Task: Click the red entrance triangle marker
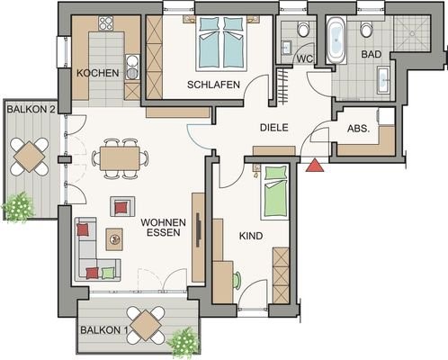[x=315, y=166]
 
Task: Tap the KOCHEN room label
[x=98, y=73]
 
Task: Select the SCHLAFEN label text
[x=213, y=85]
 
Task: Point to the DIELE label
[x=273, y=128]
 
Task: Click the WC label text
[x=305, y=58]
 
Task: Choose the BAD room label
[x=372, y=54]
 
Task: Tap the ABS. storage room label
[x=359, y=129]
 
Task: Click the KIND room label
[x=251, y=236]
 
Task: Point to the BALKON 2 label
[x=31, y=109]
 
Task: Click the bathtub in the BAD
[x=336, y=40]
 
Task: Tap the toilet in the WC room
[x=303, y=30]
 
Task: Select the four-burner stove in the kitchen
[x=106, y=23]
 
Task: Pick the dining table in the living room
[x=120, y=158]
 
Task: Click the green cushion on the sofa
[x=107, y=273]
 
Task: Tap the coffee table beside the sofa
[x=114, y=239]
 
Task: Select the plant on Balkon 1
[x=183, y=342]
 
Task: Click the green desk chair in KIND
[x=237, y=281]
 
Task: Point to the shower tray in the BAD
[x=412, y=33]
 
